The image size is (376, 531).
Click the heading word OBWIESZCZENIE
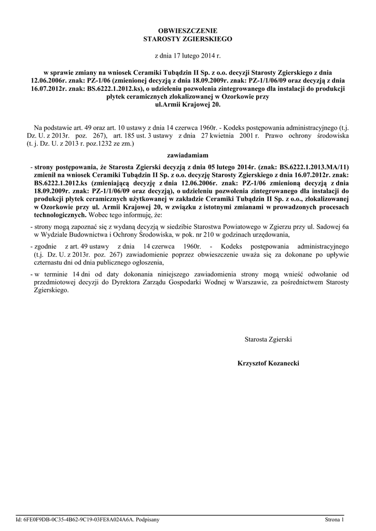[x=188, y=31]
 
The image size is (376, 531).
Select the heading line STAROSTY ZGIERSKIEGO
[x=188, y=39]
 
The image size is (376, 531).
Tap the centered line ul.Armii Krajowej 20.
[x=188, y=104]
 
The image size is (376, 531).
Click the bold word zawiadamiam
[x=188, y=155]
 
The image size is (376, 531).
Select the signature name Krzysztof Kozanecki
[x=268, y=364]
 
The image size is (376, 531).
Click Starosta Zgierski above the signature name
[x=268, y=339]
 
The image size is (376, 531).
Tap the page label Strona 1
[x=335, y=519]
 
